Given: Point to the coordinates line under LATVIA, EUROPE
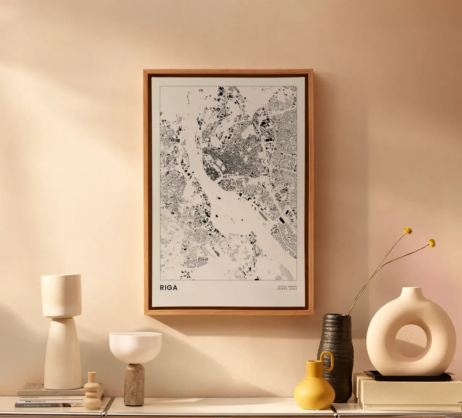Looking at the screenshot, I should [287, 289].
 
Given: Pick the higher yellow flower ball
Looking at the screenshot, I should [408, 231].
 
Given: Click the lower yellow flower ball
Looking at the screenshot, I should [432, 243].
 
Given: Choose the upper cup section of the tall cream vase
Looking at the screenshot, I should [61, 296].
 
